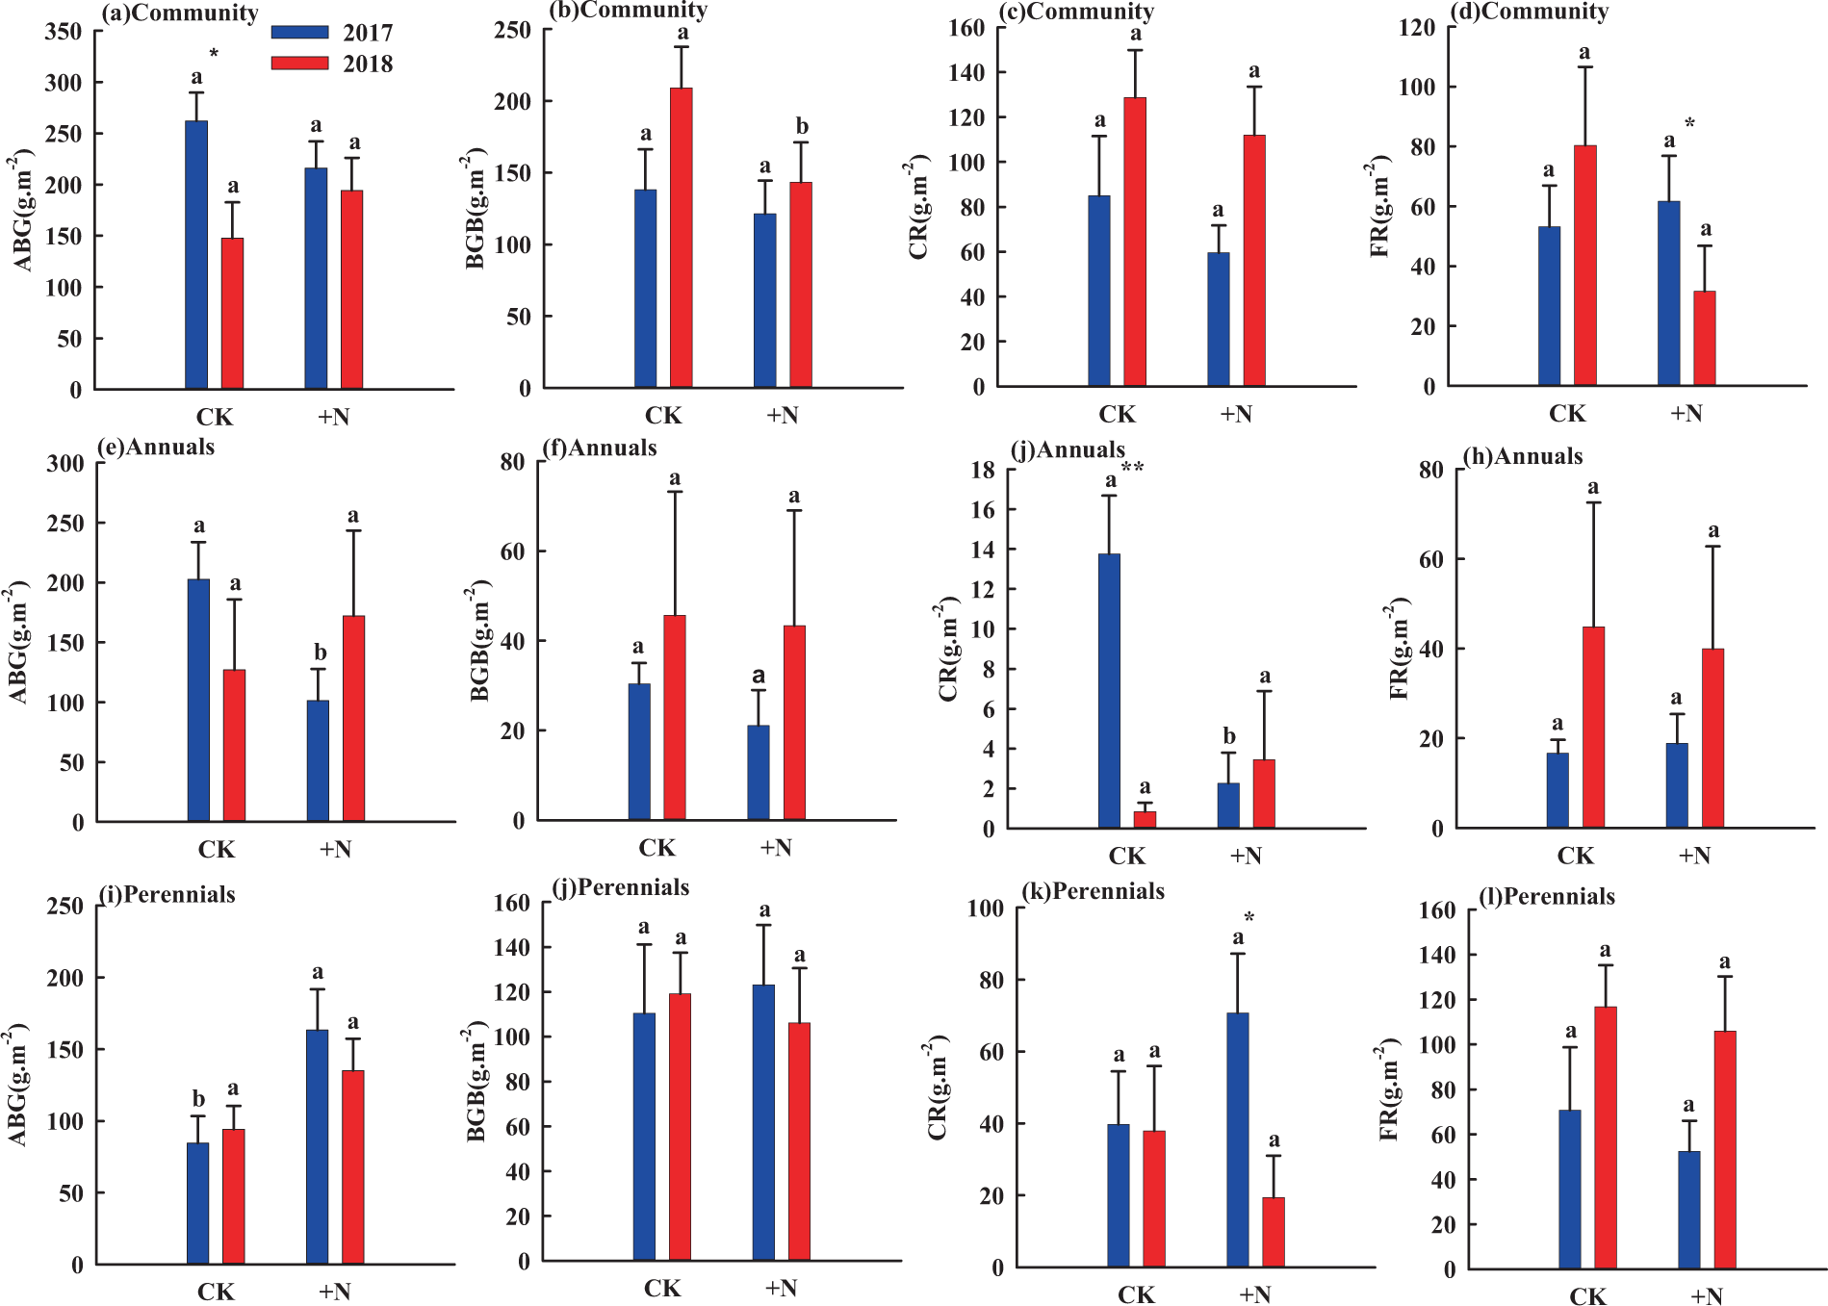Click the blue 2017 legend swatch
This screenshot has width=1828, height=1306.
point(299,32)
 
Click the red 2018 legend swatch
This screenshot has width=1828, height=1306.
point(299,64)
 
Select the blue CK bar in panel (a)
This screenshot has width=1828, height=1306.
point(196,255)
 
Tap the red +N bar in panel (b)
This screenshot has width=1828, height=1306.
point(801,285)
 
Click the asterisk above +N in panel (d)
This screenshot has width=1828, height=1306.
point(1689,123)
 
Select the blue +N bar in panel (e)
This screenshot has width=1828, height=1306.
point(318,760)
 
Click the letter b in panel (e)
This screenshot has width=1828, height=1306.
point(320,653)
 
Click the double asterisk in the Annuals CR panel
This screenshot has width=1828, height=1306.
point(1132,468)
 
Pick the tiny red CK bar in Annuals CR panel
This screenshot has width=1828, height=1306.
point(1145,819)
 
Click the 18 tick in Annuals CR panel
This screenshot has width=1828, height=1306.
point(983,470)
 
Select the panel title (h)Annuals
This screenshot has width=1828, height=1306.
point(1522,456)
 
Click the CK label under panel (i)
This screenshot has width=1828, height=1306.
point(216,1292)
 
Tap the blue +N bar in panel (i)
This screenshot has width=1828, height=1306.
point(317,1146)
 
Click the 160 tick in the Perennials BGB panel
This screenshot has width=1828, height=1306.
point(511,903)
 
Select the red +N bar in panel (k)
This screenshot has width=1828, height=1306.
point(1274,1232)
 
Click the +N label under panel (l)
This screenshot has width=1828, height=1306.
point(1706,1296)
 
